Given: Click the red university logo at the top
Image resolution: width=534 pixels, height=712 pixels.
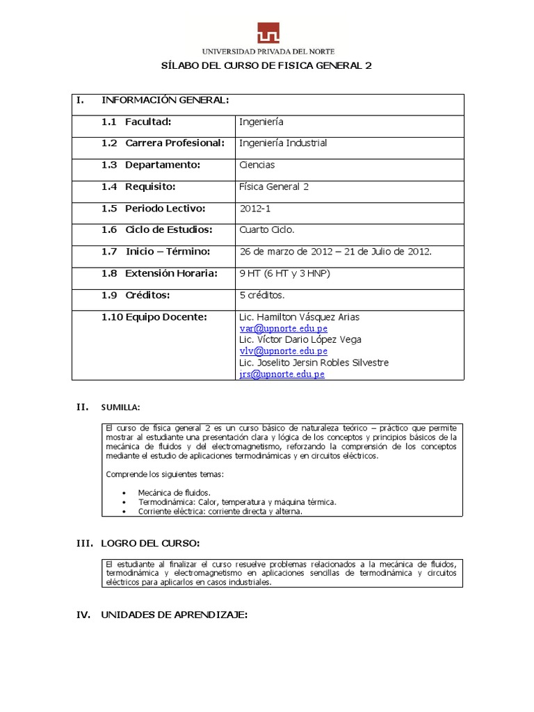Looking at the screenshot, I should click(x=268, y=33).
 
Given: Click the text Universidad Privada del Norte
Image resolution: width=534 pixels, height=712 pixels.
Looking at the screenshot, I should click(x=268, y=51).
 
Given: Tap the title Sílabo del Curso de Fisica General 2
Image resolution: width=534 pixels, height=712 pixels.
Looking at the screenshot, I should click(x=267, y=66).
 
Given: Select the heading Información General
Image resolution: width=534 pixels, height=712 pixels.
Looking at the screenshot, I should click(x=165, y=100).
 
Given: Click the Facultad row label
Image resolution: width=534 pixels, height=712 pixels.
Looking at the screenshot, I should click(x=148, y=122).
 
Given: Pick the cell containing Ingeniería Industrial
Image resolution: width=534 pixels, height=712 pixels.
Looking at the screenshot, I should click(x=282, y=143).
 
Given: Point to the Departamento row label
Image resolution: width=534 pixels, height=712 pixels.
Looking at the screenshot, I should click(x=162, y=165).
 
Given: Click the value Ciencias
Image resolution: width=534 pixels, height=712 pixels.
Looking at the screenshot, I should click(x=257, y=165).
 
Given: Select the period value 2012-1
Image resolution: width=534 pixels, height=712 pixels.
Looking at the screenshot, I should click(x=254, y=208).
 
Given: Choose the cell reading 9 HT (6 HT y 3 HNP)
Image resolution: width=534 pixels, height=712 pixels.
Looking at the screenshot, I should click(x=284, y=273).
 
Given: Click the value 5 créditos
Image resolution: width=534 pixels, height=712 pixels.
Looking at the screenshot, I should click(x=261, y=295).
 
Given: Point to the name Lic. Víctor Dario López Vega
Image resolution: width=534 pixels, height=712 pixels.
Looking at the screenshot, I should click(x=300, y=339).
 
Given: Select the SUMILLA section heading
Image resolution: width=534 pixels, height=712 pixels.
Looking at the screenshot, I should click(x=120, y=406).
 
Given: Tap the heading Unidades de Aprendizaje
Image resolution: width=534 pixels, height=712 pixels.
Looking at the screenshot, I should click(x=174, y=615).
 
